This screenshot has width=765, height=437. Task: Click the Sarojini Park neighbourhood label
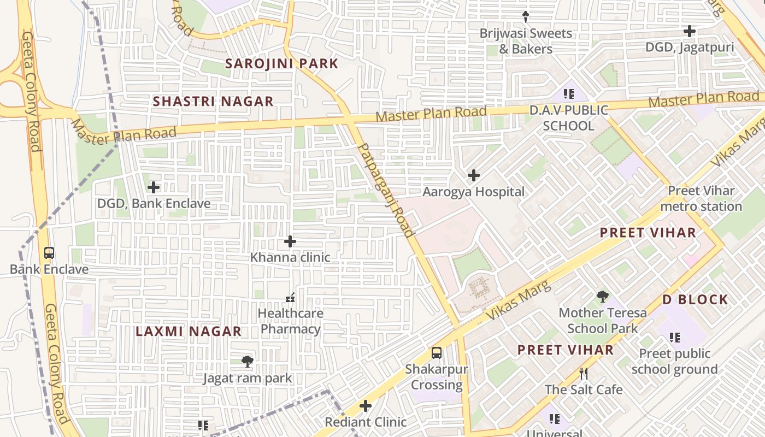click(x=282, y=63)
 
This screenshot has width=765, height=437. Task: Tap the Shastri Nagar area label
click(x=213, y=101)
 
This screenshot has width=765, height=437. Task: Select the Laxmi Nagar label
click(x=189, y=332)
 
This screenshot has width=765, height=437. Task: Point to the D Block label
click(x=695, y=299)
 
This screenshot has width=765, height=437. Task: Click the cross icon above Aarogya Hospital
click(x=473, y=175)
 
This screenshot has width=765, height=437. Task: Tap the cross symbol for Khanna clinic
click(x=290, y=241)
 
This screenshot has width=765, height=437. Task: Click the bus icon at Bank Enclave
click(x=49, y=253)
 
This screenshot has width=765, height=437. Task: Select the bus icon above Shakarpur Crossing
click(x=436, y=353)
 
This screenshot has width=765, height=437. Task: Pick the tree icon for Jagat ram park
click(x=248, y=361)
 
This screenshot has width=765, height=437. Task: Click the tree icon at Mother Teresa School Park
click(x=602, y=297)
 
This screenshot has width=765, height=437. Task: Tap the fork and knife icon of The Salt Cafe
click(x=584, y=374)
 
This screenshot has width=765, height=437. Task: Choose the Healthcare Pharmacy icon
click(x=290, y=298)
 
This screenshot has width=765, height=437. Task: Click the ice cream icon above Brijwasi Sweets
click(x=526, y=17)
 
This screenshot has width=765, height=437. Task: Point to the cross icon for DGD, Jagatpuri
click(x=690, y=31)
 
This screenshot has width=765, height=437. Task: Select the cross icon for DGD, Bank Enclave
click(x=154, y=187)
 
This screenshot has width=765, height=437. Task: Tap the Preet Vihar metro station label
click(x=701, y=198)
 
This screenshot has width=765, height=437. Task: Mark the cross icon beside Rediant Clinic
click(x=366, y=406)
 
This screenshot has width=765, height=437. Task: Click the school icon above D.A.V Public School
click(x=568, y=94)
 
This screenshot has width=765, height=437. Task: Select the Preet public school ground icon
click(x=674, y=338)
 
